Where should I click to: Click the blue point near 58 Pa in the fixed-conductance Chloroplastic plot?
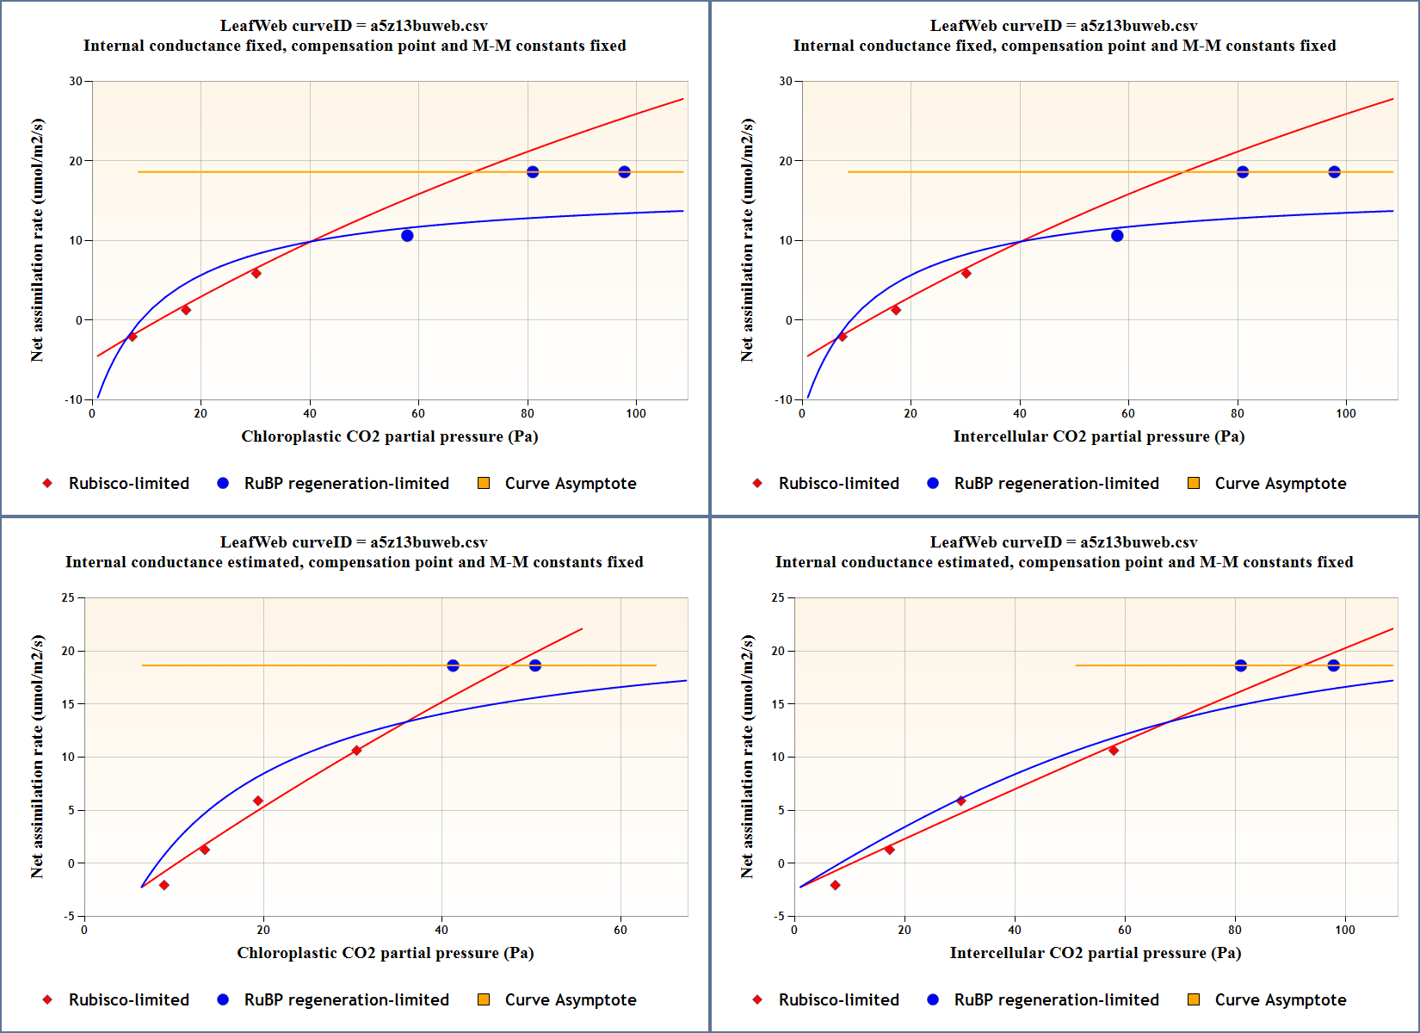[407, 236]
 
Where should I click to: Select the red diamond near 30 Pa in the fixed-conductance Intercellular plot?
[966, 274]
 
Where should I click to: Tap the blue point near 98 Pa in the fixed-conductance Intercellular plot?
[1334, 172]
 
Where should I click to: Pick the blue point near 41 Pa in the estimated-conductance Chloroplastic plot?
[453, 665]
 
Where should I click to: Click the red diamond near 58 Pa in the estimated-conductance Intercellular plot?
[1114, 751]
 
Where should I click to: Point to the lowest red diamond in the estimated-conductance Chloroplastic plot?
[164, 885]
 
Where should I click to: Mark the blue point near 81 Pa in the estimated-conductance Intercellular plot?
[1241, 665]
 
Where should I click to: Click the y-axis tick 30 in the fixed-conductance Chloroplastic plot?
[77, 81]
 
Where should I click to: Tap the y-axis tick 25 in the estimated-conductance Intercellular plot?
[778, 597]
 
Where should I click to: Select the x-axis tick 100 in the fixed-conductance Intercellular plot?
[1346, 413]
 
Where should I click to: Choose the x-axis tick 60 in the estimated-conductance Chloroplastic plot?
[620, 930]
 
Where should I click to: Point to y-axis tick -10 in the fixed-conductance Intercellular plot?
[783, 399]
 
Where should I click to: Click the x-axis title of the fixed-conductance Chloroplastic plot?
[389, 436]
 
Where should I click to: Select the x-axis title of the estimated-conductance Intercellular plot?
[1095, 953]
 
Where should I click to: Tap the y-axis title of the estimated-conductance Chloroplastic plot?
[37, 756]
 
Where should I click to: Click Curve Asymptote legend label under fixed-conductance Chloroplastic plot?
[571, 484]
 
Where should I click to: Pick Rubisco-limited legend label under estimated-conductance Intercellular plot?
[838, 1000]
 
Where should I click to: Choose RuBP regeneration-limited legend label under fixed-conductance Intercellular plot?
[1056, 484]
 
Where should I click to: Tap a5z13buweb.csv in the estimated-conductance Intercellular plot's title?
[1138, 542]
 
